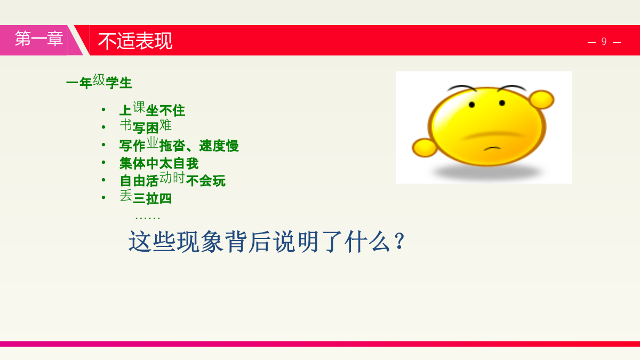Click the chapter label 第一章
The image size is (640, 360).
pos(39,38)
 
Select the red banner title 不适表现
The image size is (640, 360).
pos(135,41)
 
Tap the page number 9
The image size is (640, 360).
pos(604,42)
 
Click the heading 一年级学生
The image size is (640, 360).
pos(99,82)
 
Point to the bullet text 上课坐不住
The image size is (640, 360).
pos(152,109)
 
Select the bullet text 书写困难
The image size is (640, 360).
pos(146,126)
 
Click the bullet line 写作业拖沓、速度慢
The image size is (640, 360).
pos(179,145)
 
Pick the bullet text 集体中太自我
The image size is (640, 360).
pos(159,163)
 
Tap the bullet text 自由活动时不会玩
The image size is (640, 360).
pos(173,180)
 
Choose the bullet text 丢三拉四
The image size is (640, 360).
pos(146,197)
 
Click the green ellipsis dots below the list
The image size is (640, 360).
pos(147,218)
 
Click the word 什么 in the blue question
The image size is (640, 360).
pos(367,242)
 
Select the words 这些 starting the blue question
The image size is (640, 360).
pos(151,242)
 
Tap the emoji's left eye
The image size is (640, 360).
pos(471,105)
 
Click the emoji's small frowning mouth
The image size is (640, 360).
pos(492,148)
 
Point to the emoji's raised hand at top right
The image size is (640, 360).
pos(541,99)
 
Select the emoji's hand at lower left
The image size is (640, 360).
pos(425,148)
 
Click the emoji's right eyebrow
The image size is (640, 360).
pos(511,88)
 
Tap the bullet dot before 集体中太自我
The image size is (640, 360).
pos(103,162)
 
